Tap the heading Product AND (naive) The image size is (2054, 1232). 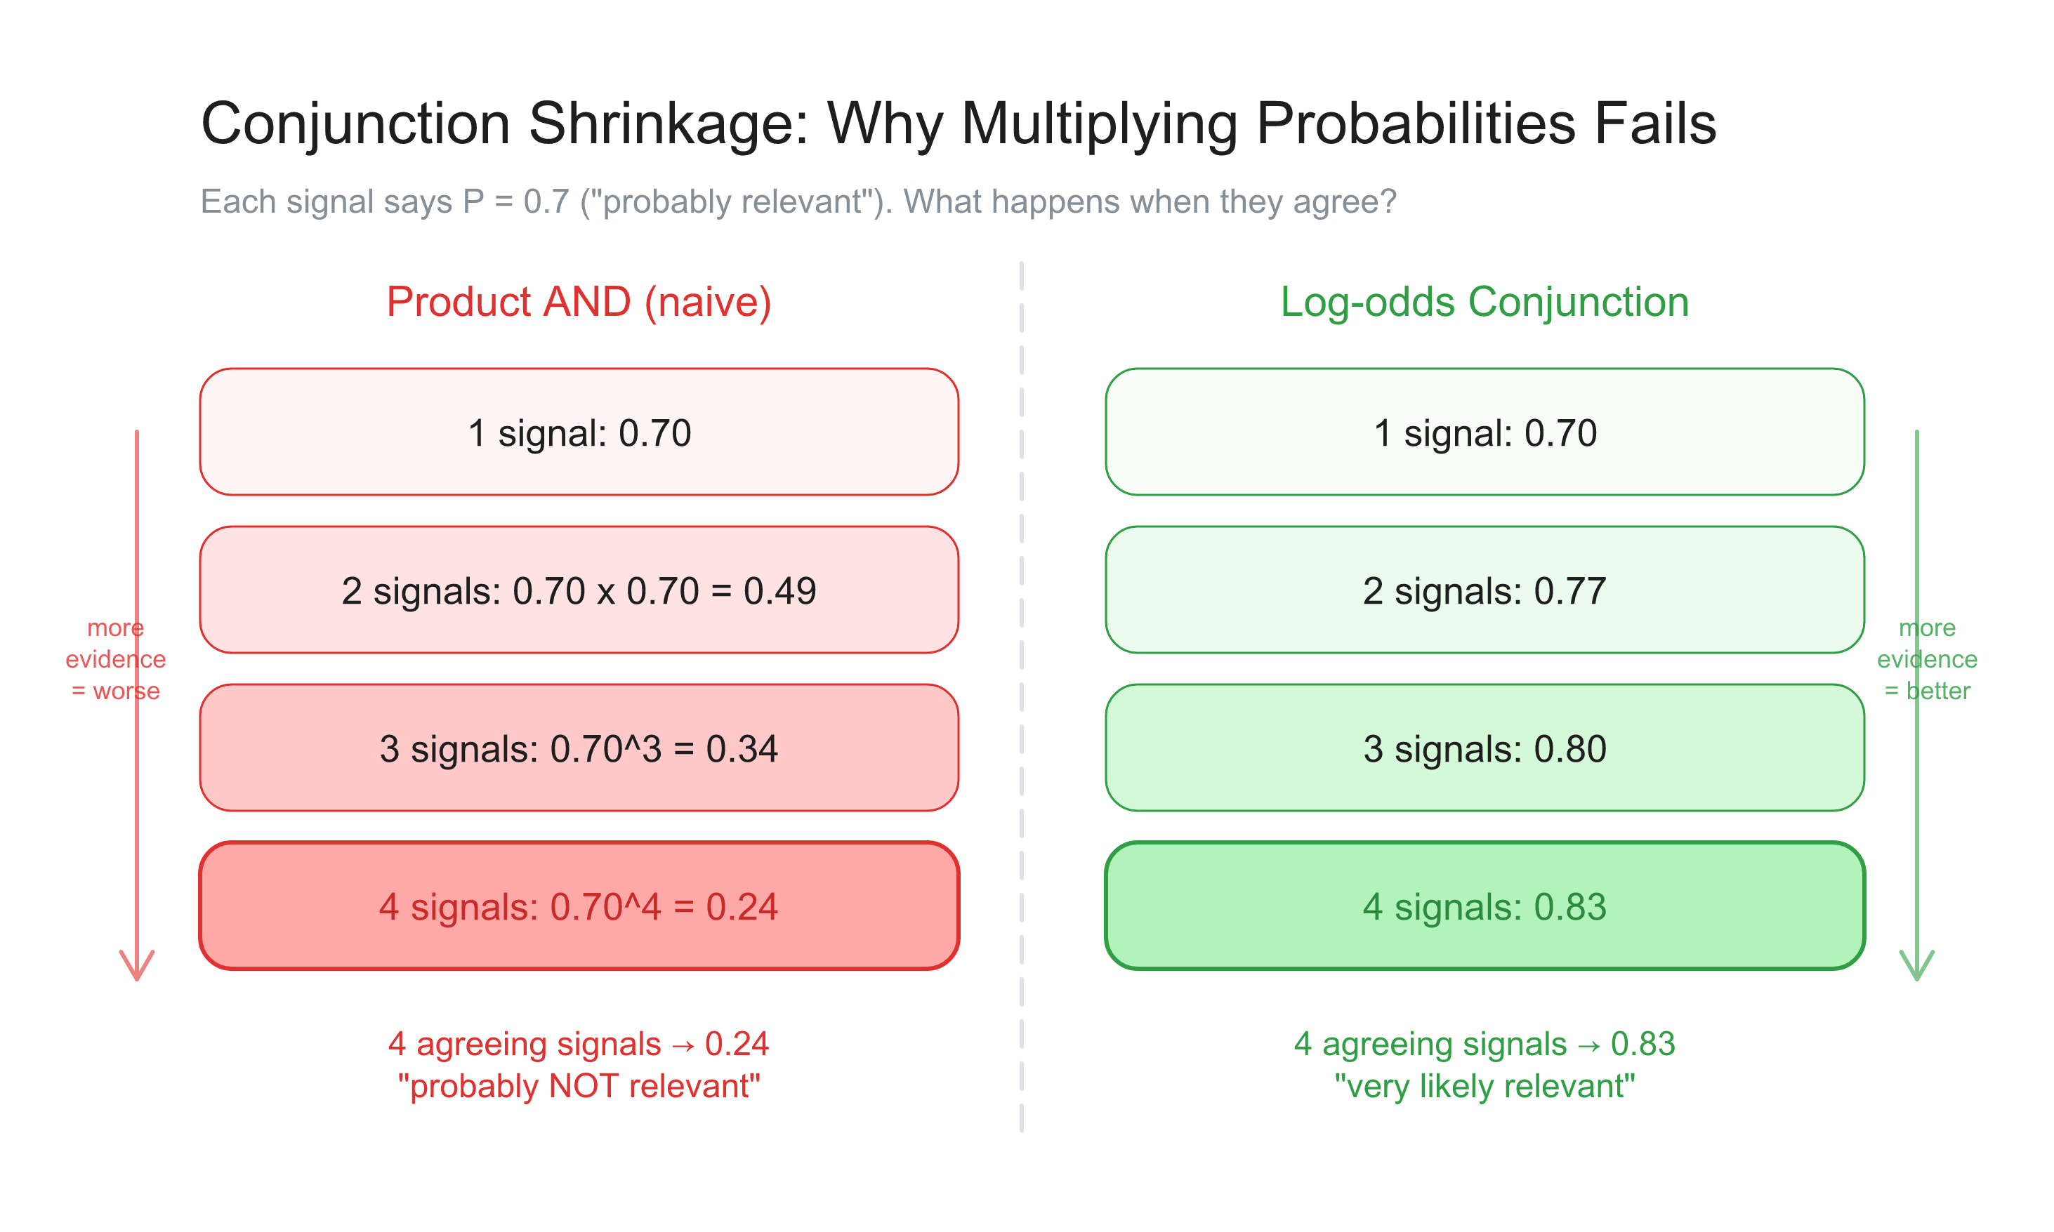click(579, 302)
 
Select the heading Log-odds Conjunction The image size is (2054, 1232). click(1484, 302)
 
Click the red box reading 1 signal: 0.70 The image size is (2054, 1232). click(579, 432)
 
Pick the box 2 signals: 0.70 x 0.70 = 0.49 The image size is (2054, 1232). click(579, 590)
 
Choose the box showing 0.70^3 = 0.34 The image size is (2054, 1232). click(579, 748)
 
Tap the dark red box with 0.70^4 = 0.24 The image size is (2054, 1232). click(579, 906)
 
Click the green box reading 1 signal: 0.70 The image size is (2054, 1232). click(1484, 432)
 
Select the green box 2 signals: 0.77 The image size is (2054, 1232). click(1484, 590)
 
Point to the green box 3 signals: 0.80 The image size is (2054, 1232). click(1484, 748)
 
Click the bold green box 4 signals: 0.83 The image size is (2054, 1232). click(1484, 906)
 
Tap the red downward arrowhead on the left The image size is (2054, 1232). click(137, 967)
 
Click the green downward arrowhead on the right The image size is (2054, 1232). click(1916, 967)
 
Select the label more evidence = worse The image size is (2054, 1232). click(115, 659)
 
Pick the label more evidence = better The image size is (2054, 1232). click(1926, 659)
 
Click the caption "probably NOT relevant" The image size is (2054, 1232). click(579, 1087)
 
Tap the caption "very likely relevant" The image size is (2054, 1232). click(1484, 1087)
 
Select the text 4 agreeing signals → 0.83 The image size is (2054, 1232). click(1484, 1045)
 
